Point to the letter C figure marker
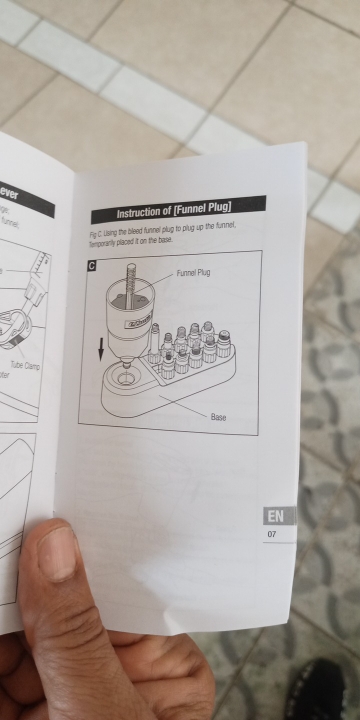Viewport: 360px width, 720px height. pyautogui.click(x=91, y=267)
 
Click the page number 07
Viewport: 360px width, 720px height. pyautogui.click(x=271, y=536)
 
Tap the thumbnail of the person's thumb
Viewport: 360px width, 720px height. pyautogui.click(x=57, y=553)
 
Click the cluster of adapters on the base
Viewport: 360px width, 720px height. pyautogui.click(x=190, y=345)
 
